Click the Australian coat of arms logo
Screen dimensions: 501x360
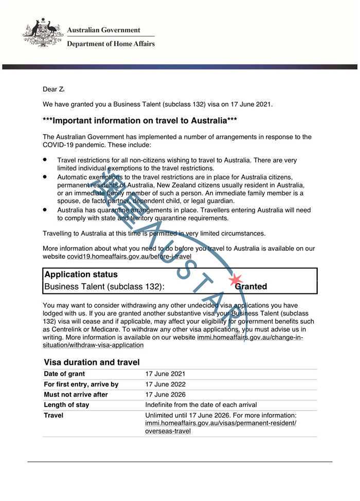point(43,33)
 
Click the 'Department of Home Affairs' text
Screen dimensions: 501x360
point(111,44)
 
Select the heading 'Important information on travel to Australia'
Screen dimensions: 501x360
point(140,121)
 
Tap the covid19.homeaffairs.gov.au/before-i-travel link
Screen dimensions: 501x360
point(129,256)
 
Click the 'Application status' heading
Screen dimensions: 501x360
point(81,274)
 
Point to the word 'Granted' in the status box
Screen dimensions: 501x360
point(251,287)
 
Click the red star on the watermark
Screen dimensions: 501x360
point(236,280)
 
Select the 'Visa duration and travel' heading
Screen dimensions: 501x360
point(92,362)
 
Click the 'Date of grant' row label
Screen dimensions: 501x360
point(64,374)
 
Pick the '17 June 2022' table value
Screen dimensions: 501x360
point(165,384)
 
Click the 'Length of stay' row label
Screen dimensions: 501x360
point(66,405)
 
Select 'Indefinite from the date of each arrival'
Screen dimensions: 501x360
point(201,405)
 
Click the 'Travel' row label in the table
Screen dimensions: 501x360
point(53,415)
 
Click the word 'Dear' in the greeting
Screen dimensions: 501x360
point(50,89)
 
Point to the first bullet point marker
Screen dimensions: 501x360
point(45,160)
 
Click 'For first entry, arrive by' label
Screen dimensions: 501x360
point(81,384)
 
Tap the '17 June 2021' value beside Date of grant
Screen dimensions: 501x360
point(165,374)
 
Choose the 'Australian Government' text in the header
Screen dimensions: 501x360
point(103,30)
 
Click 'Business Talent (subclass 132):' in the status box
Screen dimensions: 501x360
point(104,287)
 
